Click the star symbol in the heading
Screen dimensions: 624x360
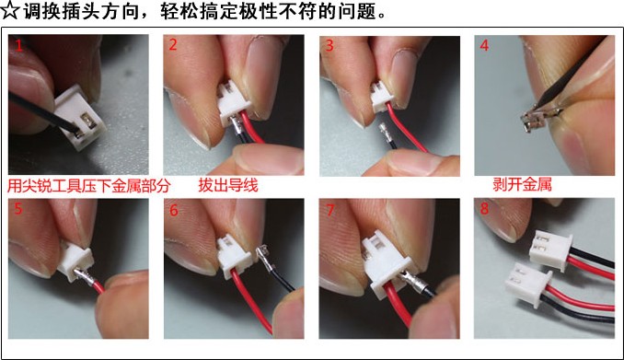9,10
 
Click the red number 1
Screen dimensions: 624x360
18,44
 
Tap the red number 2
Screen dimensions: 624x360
173,44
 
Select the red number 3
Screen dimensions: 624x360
329,45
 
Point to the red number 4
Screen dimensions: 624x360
484,45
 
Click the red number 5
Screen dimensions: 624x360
18,208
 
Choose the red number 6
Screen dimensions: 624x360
174,210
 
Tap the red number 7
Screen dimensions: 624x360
329,210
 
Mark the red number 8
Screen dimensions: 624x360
484,208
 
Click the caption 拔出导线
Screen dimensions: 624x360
228,185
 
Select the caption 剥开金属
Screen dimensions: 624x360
522,184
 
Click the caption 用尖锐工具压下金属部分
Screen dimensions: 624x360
88,186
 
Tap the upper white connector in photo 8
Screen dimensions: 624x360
550,250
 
